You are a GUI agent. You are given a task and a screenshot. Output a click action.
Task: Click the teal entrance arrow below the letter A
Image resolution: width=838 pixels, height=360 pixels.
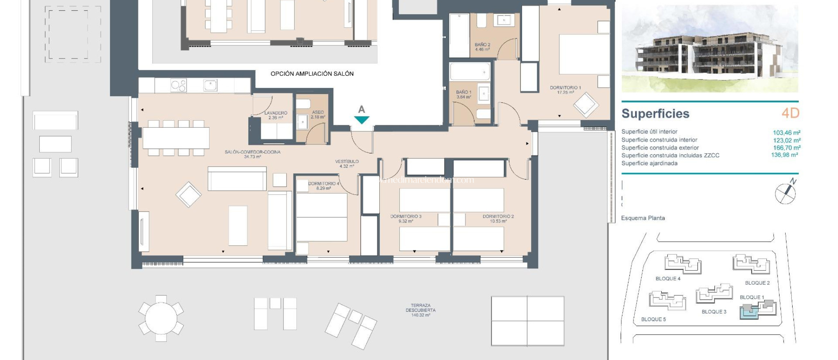click(x=362, y=119)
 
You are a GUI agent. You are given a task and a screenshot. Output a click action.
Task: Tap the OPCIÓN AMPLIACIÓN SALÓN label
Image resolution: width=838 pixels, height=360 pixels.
click(x=312, y=74)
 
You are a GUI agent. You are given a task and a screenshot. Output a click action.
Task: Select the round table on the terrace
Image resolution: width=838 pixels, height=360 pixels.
click(x=161, y=318)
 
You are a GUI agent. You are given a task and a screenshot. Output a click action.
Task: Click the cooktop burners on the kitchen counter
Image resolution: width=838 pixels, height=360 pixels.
click(x=178, y=85)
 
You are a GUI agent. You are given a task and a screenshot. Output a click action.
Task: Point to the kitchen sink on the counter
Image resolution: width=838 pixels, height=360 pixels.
click(x=210, y=85)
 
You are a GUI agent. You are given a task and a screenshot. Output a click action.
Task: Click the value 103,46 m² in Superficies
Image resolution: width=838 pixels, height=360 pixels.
click(x=786, y=133)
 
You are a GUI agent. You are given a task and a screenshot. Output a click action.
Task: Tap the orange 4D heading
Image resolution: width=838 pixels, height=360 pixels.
click(x=790, y=113)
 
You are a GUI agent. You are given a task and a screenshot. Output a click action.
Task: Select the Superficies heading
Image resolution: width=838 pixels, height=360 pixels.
click(x=655, y=114)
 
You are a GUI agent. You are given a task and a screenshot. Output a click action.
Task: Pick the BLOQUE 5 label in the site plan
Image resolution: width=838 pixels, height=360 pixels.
click(x=653, y=319)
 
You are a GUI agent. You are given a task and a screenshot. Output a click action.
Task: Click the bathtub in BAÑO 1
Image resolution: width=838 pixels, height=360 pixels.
click(x=470, y=72)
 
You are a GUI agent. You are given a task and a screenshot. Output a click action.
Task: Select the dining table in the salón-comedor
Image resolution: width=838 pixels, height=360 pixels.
click(x=176, y=138)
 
